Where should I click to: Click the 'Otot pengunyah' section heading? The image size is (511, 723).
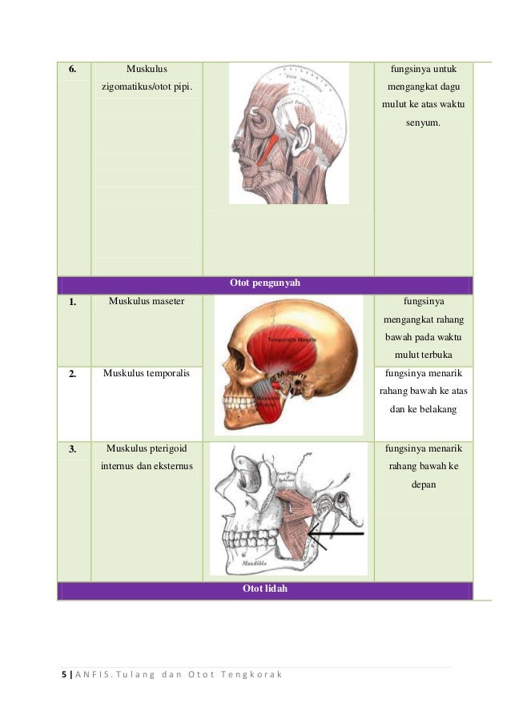[x=264, y=283]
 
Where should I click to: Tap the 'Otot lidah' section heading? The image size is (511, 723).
[x=264, y=590]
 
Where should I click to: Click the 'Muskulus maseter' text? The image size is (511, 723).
[x=147, y=302]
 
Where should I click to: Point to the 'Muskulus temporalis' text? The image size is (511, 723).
[x=147, y=373]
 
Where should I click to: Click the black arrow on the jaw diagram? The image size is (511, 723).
[x=336, y=533]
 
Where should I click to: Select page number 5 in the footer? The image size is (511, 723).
[x=64, y=675]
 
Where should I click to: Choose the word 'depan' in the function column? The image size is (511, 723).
[x=423, y=484]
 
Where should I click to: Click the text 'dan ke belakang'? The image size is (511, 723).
[x=423, y=408]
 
